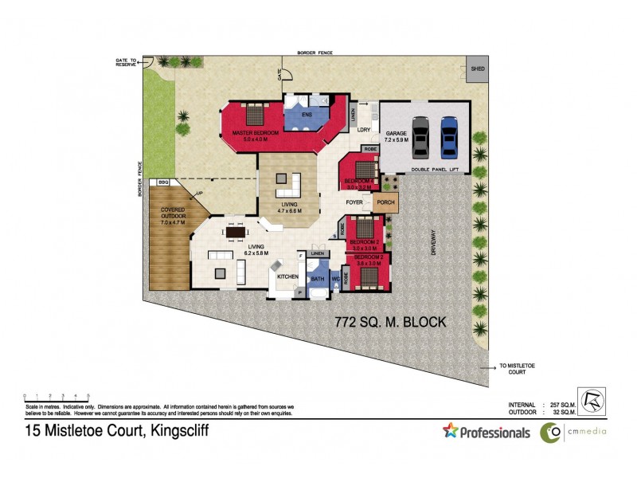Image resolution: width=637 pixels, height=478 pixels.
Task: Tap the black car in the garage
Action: tap(421, 138)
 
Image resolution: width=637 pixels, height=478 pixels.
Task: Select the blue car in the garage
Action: tap(450, 138)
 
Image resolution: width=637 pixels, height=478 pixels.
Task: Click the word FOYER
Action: tap(354, 202)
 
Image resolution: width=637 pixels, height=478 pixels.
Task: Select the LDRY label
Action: tap(365, 129)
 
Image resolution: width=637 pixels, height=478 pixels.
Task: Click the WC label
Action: tap(335, 280)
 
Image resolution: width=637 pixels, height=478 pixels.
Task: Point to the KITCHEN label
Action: tap(287, 276)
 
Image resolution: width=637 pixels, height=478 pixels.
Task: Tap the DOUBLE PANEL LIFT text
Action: tap(431, 170)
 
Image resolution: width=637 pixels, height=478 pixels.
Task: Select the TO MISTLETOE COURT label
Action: tap(513, 369)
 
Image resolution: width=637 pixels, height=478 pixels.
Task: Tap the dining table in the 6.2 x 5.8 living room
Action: tap(236, 233)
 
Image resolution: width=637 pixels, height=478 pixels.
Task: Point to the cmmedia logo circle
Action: tap(549, 433)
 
